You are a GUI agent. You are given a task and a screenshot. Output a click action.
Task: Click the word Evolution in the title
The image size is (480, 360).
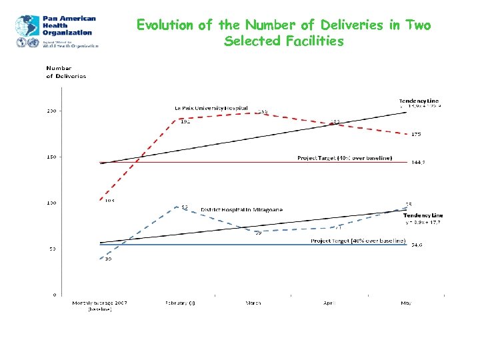165,25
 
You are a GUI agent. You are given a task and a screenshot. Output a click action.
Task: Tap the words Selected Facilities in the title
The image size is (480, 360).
284,41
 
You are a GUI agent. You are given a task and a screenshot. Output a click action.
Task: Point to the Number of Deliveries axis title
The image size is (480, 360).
65,72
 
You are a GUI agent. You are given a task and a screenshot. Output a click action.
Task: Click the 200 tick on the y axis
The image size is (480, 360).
51,111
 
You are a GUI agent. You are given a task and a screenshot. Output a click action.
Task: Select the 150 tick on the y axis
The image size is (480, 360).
51,157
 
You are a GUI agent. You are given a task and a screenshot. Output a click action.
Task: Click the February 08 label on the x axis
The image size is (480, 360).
180,303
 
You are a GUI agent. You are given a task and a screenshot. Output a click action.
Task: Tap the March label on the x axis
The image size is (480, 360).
253,303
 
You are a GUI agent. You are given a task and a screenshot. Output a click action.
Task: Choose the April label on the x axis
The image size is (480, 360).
329,303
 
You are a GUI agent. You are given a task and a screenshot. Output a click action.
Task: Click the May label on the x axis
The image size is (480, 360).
406,303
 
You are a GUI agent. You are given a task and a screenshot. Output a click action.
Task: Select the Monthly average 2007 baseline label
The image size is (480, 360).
100,306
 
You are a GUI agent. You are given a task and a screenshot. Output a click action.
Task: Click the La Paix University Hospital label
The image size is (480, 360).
211,108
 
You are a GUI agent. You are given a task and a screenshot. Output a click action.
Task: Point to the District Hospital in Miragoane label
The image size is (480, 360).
242,209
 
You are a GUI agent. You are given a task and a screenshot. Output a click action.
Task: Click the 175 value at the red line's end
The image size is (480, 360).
416,135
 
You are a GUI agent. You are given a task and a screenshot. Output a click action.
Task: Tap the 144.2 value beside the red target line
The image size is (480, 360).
418,162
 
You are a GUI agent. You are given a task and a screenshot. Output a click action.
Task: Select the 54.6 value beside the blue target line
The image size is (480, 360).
416,245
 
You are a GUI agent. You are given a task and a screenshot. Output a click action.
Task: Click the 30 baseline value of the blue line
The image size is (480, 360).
107,259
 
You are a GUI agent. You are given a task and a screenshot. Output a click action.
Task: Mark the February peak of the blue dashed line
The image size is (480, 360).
176,207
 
